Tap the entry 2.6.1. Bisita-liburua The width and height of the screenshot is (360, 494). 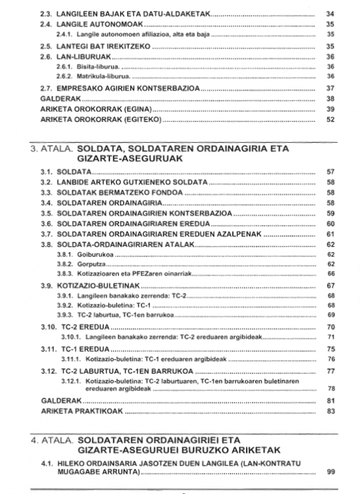click(91, 66)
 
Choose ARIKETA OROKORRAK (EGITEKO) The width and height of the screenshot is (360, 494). click(101, 119)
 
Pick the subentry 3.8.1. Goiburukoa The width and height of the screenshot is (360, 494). click(88, 255)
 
